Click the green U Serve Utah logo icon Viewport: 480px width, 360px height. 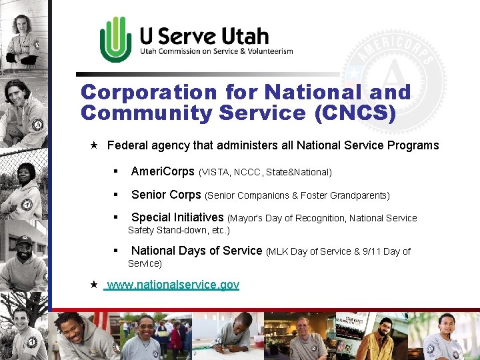tap(115, 39)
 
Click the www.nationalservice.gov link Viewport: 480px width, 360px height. tap(173, 285)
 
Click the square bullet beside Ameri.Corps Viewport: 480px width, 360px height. tap(115, 172)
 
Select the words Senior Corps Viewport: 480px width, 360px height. tap(166, 195)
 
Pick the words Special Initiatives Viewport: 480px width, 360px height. tap(177, 217)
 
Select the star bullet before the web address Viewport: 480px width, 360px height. tap(94, 285)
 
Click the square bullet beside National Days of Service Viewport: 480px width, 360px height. tap(115, 251)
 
